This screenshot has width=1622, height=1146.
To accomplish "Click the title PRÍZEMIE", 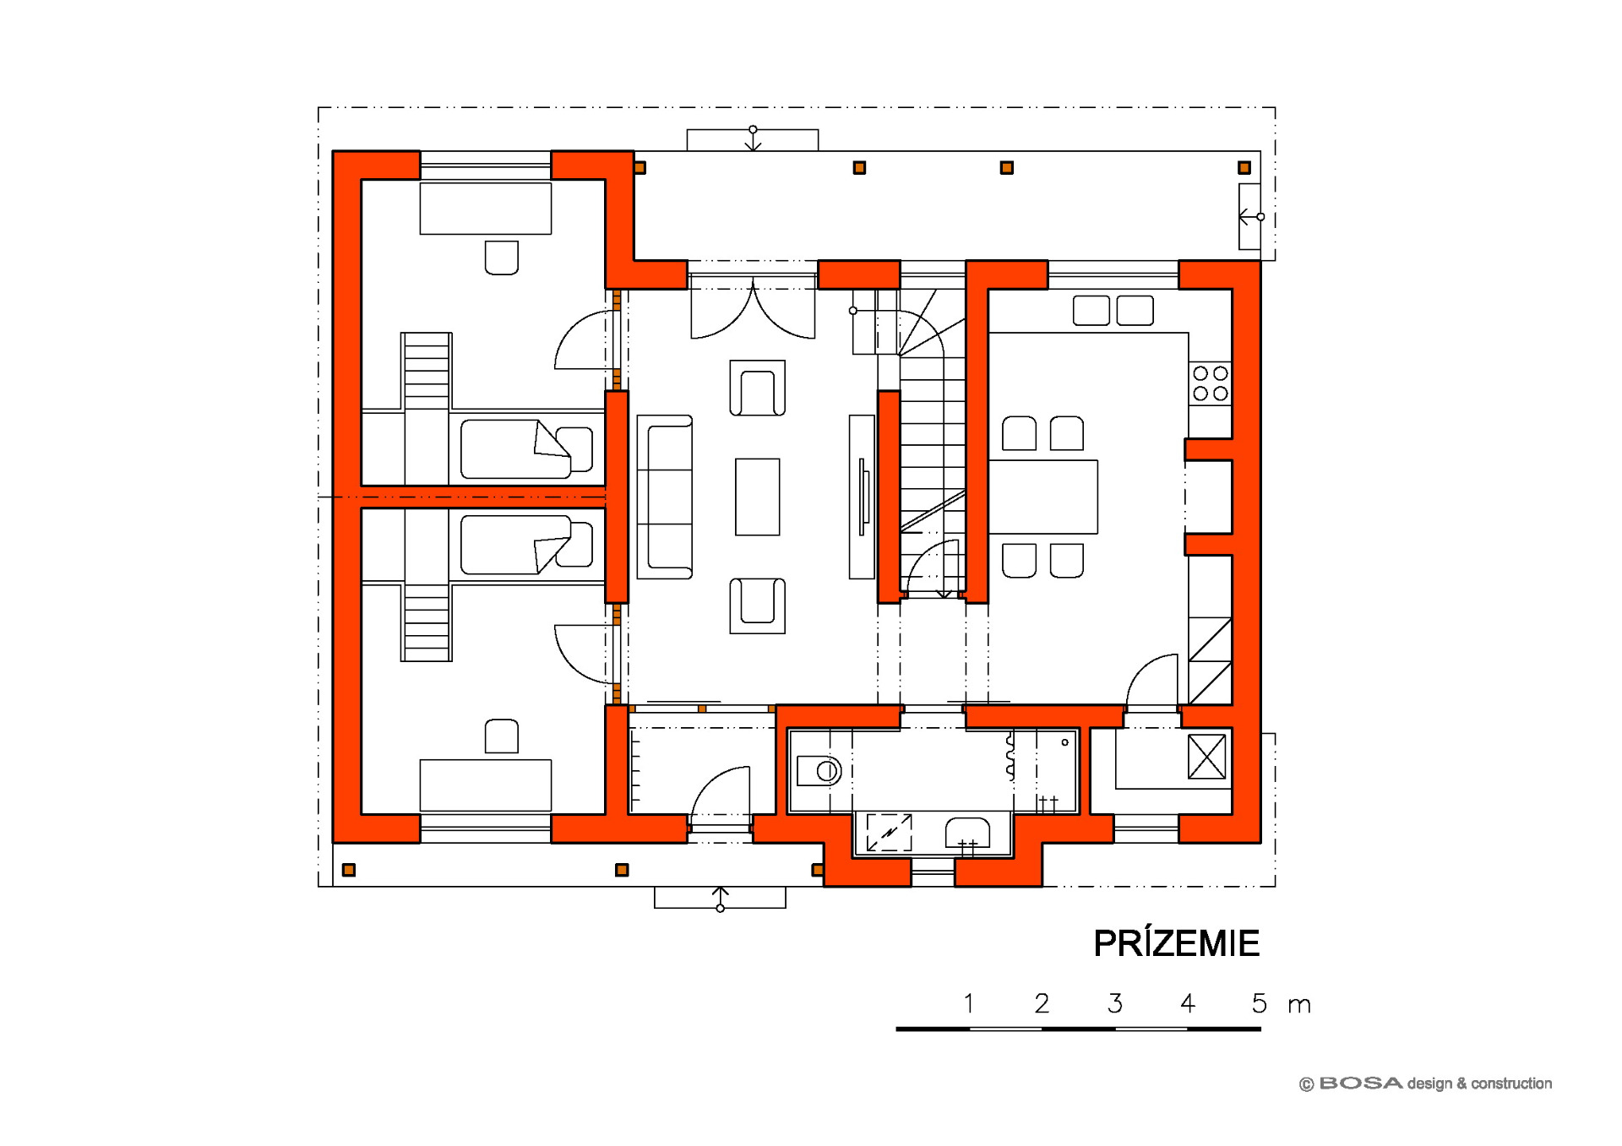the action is click(1176, 942).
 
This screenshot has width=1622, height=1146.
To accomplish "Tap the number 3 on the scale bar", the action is click(1115, 1003).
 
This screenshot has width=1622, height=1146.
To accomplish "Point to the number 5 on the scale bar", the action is click(1260, 1003).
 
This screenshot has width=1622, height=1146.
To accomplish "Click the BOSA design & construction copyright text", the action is click(1425, 1084).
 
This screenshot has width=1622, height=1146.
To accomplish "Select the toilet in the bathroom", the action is click(819, 770).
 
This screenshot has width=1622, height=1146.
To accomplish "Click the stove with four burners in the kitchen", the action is click(1210, 383).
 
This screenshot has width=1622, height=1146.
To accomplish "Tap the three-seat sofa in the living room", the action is click(665, 497).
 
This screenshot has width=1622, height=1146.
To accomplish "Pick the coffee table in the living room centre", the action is click(757, 497).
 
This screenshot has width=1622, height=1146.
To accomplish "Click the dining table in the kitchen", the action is click(1043, 497).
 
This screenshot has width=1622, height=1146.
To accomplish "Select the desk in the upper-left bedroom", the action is click(486, 208).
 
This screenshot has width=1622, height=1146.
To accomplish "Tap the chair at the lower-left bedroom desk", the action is click(501, 736).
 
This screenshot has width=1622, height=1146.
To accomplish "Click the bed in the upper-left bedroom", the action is click(526, 448).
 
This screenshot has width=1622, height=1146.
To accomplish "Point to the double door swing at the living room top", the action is click(753, 312).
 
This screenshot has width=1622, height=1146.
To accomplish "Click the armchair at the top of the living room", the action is click(757, 388).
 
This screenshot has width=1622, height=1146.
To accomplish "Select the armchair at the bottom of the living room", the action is click(757, 606).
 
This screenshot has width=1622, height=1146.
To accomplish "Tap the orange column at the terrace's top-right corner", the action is click(1244, 168).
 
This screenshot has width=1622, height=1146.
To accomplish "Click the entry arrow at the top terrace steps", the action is click(753, 138).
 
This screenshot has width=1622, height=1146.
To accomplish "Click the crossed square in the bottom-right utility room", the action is click(1206, 757).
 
